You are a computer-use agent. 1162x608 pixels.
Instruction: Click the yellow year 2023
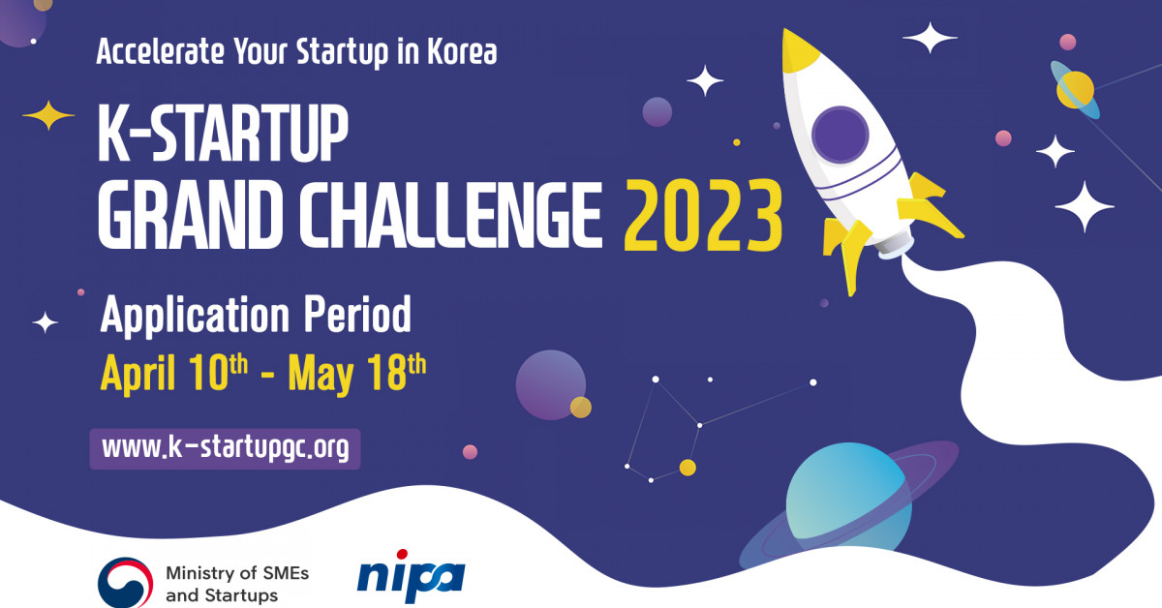click(703, 216)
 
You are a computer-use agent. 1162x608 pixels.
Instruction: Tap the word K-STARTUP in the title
click(223, 133)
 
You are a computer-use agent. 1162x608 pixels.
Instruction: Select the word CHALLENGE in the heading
click(450, 215)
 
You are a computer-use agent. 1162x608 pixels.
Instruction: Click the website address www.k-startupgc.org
click(225, 448)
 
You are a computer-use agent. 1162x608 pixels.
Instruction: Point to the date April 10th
click(173, 372)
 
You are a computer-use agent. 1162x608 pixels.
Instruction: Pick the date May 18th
click(357, 372)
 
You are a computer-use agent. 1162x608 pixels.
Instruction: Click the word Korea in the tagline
click(462, 51)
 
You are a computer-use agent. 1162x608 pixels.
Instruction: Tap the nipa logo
click(411, 576)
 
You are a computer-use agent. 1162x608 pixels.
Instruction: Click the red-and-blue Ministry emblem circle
click(125, 583)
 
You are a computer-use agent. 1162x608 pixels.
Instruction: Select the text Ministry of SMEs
click(237, 573)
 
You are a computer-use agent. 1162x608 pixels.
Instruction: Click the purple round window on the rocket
click(841, 134)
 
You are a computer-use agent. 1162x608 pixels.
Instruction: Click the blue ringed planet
click(849, 502)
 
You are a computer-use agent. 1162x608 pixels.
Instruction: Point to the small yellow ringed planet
click(1075, 90)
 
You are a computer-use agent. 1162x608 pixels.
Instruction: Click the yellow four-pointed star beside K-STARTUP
click(48, 115)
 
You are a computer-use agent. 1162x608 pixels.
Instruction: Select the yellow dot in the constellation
click(688, 468)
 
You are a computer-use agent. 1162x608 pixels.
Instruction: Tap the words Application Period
click(256, 315)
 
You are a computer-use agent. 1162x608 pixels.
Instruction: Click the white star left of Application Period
click(46, 322)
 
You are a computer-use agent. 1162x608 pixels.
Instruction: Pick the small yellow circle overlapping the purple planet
click(580, 408)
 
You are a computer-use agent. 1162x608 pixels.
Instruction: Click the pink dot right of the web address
click(470, 452)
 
